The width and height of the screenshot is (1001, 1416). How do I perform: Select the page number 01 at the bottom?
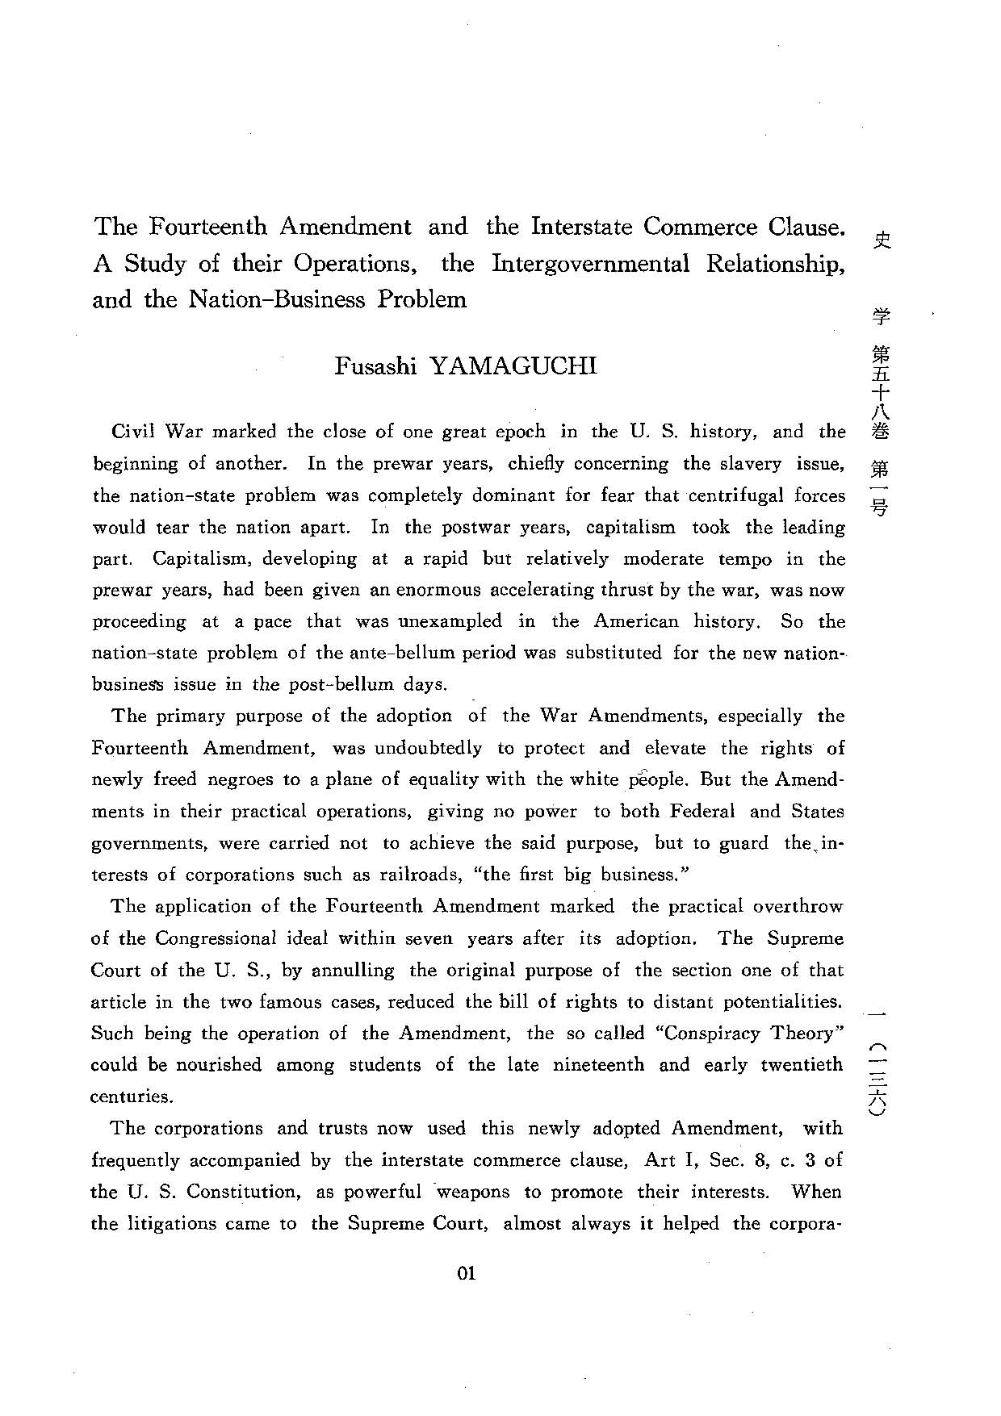(467, 1273)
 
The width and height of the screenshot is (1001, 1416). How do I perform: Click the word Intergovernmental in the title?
(590, 264)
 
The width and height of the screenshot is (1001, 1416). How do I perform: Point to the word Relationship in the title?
(774, 264)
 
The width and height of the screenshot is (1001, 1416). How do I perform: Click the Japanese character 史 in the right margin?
(882, 239)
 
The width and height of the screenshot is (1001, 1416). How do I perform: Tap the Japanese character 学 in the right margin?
(882, 316)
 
